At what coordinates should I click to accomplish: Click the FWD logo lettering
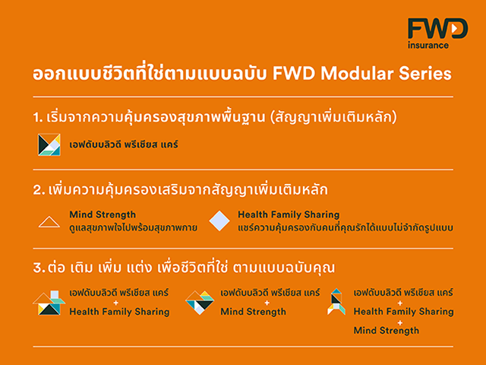tap(437, 28)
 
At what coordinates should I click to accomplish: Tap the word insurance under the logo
tap(428, 46)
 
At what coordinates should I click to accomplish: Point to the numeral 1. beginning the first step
tap(38, 118)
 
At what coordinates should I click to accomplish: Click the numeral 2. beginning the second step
tap(39, 190)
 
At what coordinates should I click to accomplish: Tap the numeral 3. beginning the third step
tap(39, 268)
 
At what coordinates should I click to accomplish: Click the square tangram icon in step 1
tap(49, 144)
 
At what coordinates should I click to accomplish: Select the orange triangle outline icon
tap(49, 222)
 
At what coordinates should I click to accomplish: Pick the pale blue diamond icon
tap(219, 221)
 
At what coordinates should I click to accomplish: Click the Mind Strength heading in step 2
tap(103, 214)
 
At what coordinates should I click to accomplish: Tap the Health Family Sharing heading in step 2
tap(289, 214)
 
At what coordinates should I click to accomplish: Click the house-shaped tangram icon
tap(49, 303)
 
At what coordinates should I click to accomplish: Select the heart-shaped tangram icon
tap(200, 303)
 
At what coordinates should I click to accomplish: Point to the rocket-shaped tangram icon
tap(336, 302)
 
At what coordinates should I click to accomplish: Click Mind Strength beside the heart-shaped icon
tap(253, 312)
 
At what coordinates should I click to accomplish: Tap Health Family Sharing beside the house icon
tap(119, 312)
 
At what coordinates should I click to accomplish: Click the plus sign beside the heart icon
tap(267, 303)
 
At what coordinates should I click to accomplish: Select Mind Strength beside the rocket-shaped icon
tap(387, 331)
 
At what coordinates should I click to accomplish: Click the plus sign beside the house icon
tap(116, 303)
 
